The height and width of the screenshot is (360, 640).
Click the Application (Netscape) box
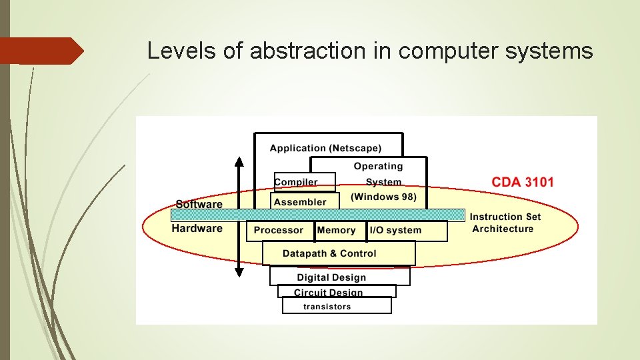(x=326, y=148)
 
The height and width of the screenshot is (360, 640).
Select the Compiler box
(x=296, y=182)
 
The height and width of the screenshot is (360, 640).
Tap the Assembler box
(x=300, y=201)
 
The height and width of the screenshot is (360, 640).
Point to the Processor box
(x=279, y=231)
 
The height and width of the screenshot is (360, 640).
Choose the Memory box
(x=337, y=231)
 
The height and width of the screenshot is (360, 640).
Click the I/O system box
(x=395, y=231)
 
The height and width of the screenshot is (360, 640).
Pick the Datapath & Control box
(x=329, y=253)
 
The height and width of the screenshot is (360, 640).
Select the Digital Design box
(x=331, y=277)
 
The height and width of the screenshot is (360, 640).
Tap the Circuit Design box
(x=329, y=293)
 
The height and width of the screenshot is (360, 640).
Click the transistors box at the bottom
(x=327, y=307)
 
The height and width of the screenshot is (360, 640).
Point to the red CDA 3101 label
(x=523, y=182)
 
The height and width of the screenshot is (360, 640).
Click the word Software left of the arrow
(x=199, y=204)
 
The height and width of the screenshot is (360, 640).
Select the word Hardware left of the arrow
(x=197, y=229)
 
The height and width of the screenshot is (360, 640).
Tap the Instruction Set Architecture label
(x=505, y=223)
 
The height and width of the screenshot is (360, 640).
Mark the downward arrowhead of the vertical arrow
(x=239, y=271)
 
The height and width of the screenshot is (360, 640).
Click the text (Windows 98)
(x=383, y=197)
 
